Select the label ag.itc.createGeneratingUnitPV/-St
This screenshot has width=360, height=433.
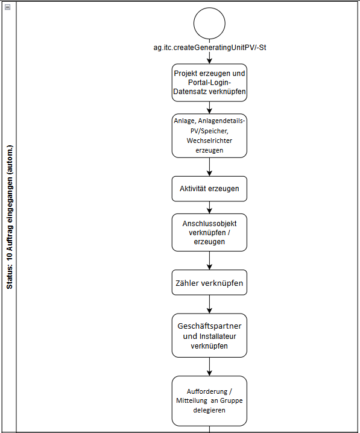pyautogui.click(x=209, y=48)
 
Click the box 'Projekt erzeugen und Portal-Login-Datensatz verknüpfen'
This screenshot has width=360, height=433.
pyautogui.click(x=209, y=83)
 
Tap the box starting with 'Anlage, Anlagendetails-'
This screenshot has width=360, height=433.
pyautogui.click(x=209, y=136)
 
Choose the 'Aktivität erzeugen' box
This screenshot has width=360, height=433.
pyautogui.click(x=209, y=189)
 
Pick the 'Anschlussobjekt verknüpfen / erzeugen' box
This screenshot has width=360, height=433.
pyautogui.click(x=209, y=232)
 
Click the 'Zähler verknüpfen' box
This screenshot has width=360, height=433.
pyautogui.click(x=209, y=282)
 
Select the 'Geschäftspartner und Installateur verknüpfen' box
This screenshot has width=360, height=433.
pyautogui.click(x=209, y=335)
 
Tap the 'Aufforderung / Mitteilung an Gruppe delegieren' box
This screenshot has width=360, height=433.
pyautogui.click(x=209, y=400)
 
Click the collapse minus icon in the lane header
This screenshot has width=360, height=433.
pyautogui.click(x=8, y=7)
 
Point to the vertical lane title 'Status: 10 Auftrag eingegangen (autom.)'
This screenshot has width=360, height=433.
pyautogui.click(x=10, y=217)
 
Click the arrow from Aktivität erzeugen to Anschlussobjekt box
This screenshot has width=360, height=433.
pyautogui.click(x=209, y=207)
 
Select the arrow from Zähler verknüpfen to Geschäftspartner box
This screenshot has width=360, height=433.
pyautogui.click(x=209, y=305)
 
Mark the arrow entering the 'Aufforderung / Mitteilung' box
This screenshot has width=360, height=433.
pyautogui.click(x=209, y=367)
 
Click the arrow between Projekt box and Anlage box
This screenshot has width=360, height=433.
pyautogui.click(x=209, y=108)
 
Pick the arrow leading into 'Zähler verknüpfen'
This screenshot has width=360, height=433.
pyautogui.click(x=209, y=261)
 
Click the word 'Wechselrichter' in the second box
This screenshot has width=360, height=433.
pyautogui.click(x=209, y=141)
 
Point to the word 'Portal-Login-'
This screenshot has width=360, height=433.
pyautogui.click(x=209, y=82)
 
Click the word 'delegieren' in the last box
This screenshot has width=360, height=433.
pyautogui.click(x=209, y=410)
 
